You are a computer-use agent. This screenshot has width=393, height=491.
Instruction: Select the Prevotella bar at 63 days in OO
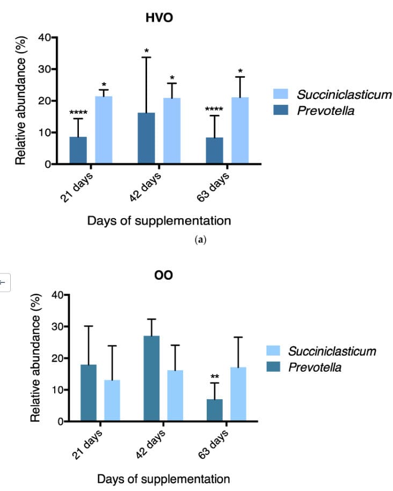214,410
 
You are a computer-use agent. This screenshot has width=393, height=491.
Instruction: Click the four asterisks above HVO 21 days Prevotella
78,113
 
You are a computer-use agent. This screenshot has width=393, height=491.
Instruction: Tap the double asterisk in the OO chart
214,377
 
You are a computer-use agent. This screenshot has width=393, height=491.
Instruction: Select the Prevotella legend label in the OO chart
315,367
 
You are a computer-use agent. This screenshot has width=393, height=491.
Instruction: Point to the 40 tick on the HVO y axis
44,38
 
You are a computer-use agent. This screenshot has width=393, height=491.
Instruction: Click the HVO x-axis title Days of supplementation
159,220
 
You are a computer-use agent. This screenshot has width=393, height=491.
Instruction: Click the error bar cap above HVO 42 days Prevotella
147,57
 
